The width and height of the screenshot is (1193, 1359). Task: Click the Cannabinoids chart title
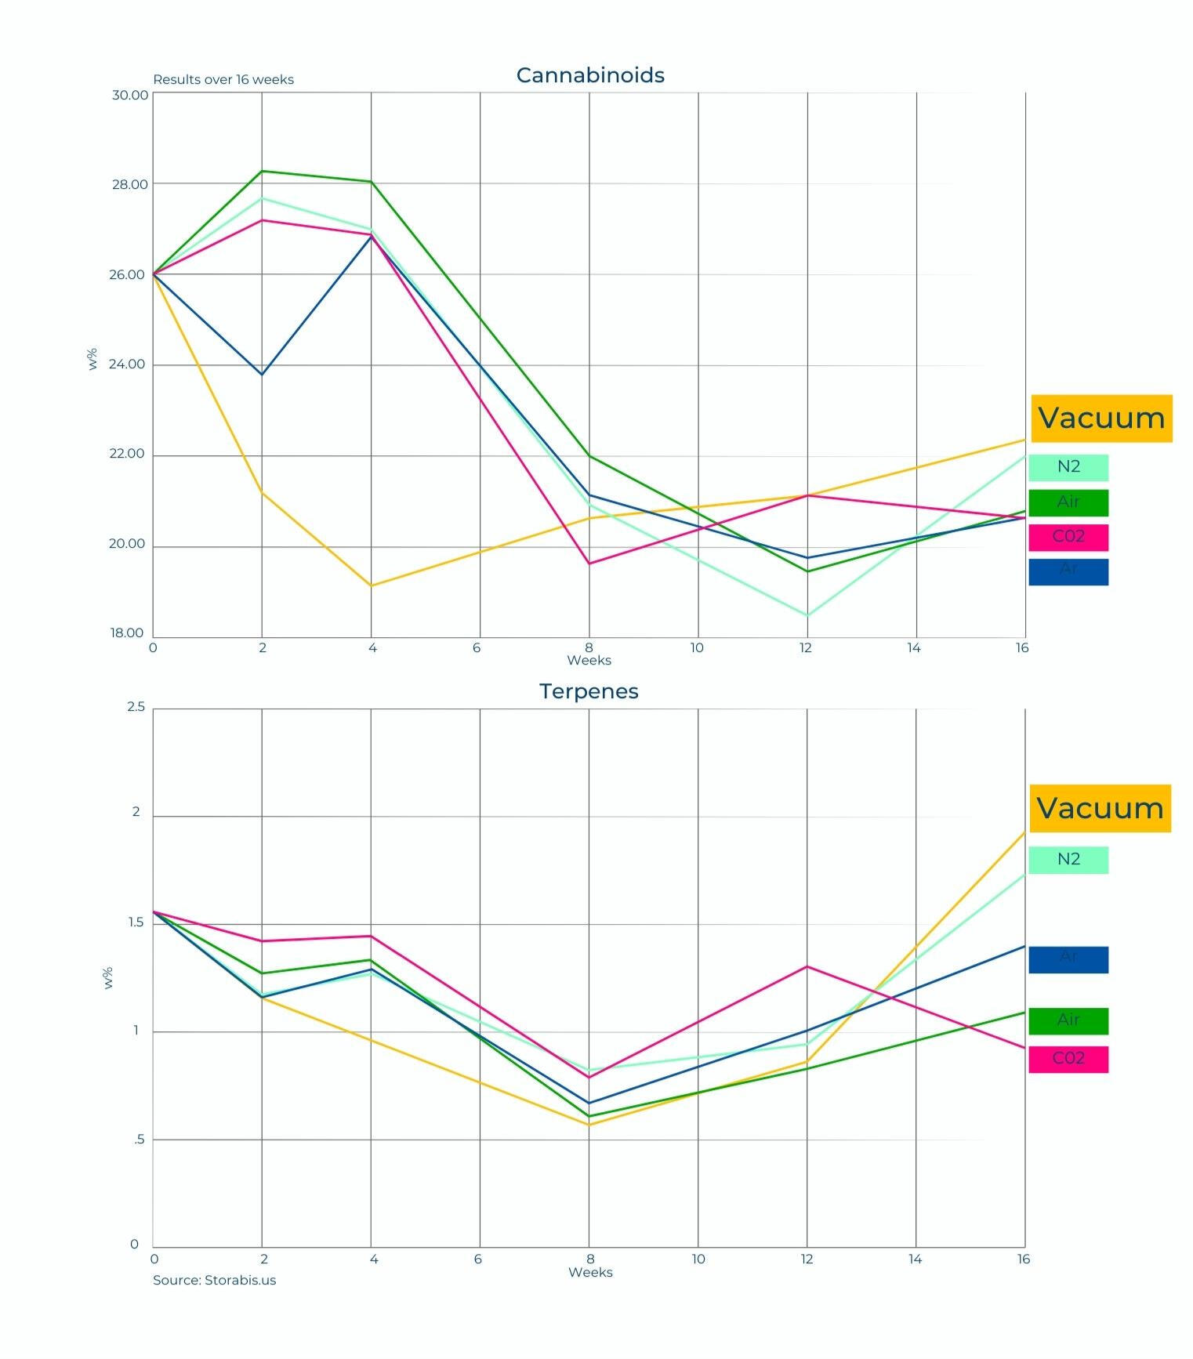click(x=590, y=75)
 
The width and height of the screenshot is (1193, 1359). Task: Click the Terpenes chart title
click(x=589, y=691)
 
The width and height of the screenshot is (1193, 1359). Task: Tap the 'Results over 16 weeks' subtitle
click(x=223, y=79)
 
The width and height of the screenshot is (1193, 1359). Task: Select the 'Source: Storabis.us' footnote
click(x=214, y=1280)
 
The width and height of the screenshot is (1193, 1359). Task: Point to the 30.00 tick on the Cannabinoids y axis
click(x=129, y=95)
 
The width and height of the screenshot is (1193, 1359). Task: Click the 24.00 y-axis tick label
click(x=127, y=364)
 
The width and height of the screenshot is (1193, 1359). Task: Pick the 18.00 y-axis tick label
click(x=126, y=632)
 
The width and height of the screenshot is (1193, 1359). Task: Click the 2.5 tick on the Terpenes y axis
click(x=136, y=707)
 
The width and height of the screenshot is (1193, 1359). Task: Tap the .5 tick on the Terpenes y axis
click(x=139, y=1140)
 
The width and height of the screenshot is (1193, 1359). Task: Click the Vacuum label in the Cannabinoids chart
click(x=1101, y=419)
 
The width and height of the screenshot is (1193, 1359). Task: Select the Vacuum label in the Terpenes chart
click(x=1100, y=808)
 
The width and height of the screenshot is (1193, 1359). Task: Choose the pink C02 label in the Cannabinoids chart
click(x=1068, y=537)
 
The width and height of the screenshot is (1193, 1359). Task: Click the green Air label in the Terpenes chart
click(x=1068, y=1020)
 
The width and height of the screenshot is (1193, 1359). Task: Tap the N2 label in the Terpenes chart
click(x=1068, y=860)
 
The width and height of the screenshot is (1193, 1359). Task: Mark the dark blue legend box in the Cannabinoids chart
click(x=1068, y=571)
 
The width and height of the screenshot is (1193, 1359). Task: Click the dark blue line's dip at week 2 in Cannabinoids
click(x=262, y=375)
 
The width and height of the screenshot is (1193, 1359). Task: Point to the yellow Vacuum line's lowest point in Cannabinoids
click(x=372, y=585)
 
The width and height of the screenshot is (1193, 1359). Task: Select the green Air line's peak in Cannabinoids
click(x=262, y=171)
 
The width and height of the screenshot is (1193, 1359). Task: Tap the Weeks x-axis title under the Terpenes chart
click(x=590, y=1272)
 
